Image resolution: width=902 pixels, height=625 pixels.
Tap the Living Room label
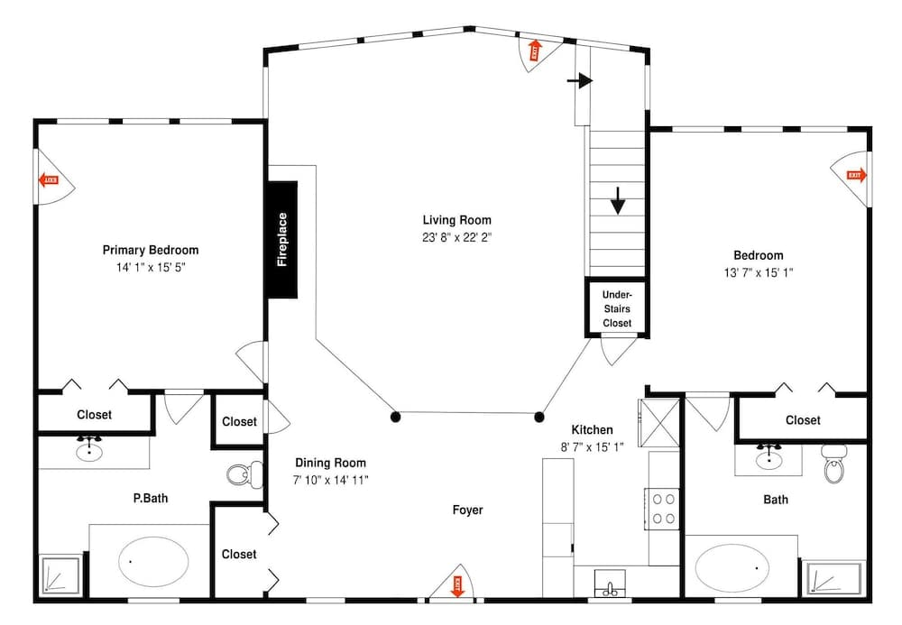[x=456, y=220]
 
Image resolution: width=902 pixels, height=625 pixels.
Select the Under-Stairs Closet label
[x=617, y=308]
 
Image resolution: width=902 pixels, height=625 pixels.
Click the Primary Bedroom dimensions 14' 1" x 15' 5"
[x=151, y=268]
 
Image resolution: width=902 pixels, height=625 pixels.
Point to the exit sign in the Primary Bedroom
[x=49, y=180]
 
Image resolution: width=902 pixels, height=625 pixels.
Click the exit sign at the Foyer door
[x=457, y=586]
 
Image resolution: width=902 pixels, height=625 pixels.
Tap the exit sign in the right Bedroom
[x=855, y=175]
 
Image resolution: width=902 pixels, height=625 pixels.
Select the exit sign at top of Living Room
[x=533, y=51]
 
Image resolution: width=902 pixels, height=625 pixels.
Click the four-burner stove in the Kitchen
[x=664, y=507]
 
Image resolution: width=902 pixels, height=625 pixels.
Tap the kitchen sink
[x=611, y=589]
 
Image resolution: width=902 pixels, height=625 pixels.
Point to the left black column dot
[x=395, y=416]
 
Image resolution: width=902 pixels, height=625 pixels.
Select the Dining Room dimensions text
[x=330, y=480]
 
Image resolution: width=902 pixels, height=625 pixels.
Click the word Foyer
[x=467, y=510]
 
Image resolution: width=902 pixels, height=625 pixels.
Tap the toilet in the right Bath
[x=833, y=469]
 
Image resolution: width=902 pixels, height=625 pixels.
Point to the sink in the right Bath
[x=769, y=458]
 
